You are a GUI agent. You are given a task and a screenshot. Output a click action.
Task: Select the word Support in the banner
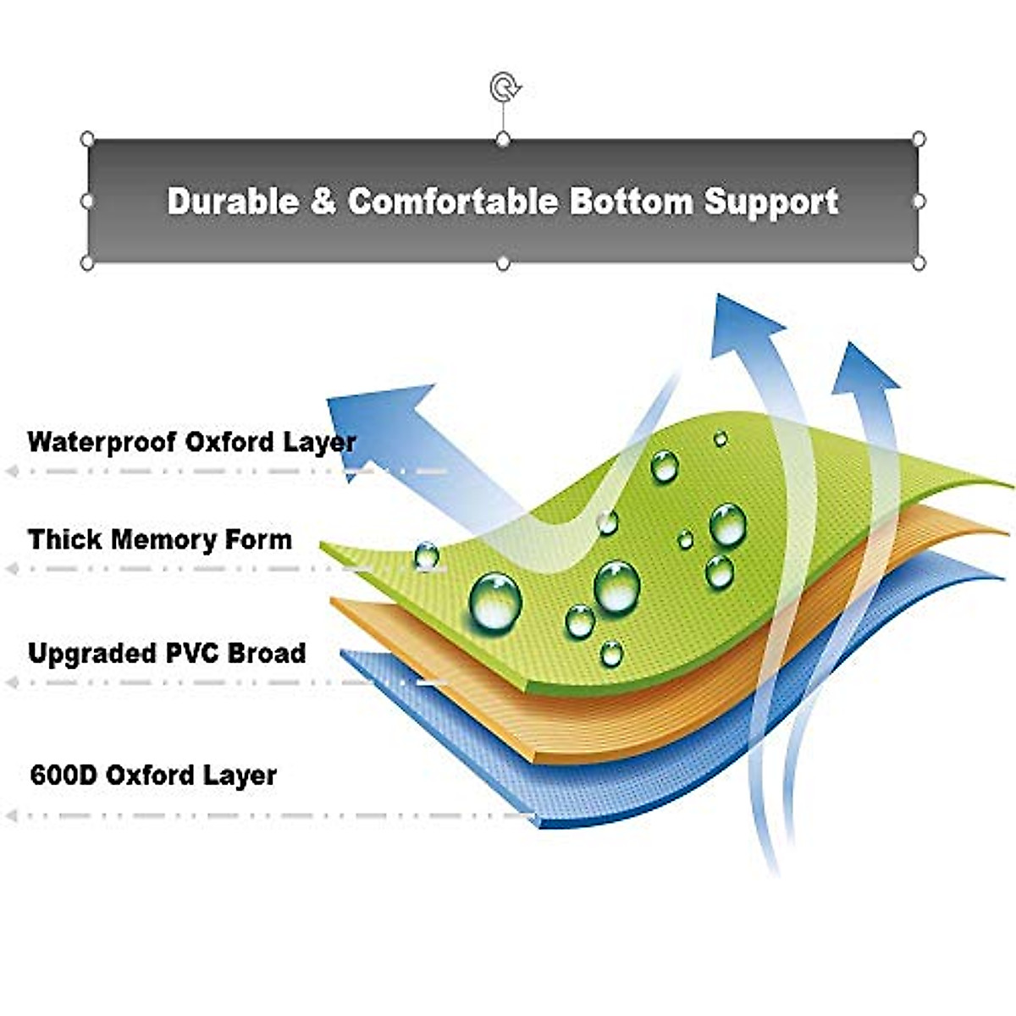coord(771,202)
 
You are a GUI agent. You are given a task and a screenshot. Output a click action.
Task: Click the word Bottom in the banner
coord(631,202)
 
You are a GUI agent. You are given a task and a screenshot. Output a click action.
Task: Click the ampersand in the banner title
coord(323,202)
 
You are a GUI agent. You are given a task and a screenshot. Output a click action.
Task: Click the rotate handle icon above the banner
coord(504,86)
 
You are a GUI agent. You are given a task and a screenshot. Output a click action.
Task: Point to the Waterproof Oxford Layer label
coord(191,442)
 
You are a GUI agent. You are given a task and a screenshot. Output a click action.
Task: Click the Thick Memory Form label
coord(159,539)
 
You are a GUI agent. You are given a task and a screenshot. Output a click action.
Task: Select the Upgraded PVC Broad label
coord(167,653)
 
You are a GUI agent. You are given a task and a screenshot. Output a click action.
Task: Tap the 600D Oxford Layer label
coord(153,775)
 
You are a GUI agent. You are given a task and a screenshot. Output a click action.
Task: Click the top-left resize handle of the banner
coord(86,139)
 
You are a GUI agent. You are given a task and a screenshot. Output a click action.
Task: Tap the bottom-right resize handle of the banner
coord(919,263)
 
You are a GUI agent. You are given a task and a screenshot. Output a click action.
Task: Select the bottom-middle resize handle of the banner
coord(503,264)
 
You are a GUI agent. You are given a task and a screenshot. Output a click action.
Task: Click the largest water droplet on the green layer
coord(495,601)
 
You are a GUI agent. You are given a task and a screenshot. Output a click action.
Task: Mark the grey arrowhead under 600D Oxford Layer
coord(12,816)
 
